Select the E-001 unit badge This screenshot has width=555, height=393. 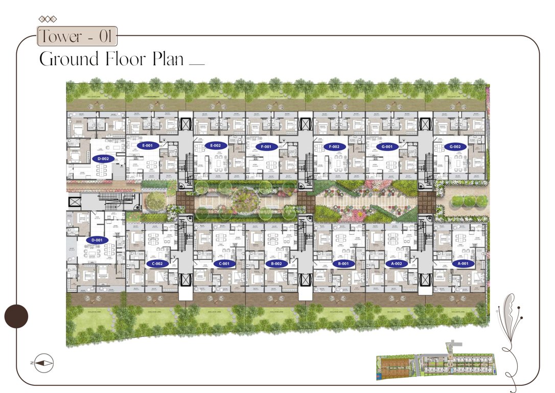pos(148,146)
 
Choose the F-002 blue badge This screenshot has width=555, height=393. pos(335,147)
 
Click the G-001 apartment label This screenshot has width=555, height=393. pos(387,147)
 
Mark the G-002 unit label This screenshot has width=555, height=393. pos(455,147)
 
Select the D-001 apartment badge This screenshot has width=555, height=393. pos(97,240)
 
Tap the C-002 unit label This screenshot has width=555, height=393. pos(157,264)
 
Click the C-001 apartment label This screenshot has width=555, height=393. pos(224,264)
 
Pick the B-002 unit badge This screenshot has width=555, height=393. pos(276,264)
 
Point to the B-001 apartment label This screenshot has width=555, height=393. pos(343,264)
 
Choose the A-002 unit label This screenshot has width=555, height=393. pos(397,264)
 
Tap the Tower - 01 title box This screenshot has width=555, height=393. pos(77,37)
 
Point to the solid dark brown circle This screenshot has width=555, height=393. pos(16,316)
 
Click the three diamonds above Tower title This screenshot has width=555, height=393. pos(48,19)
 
